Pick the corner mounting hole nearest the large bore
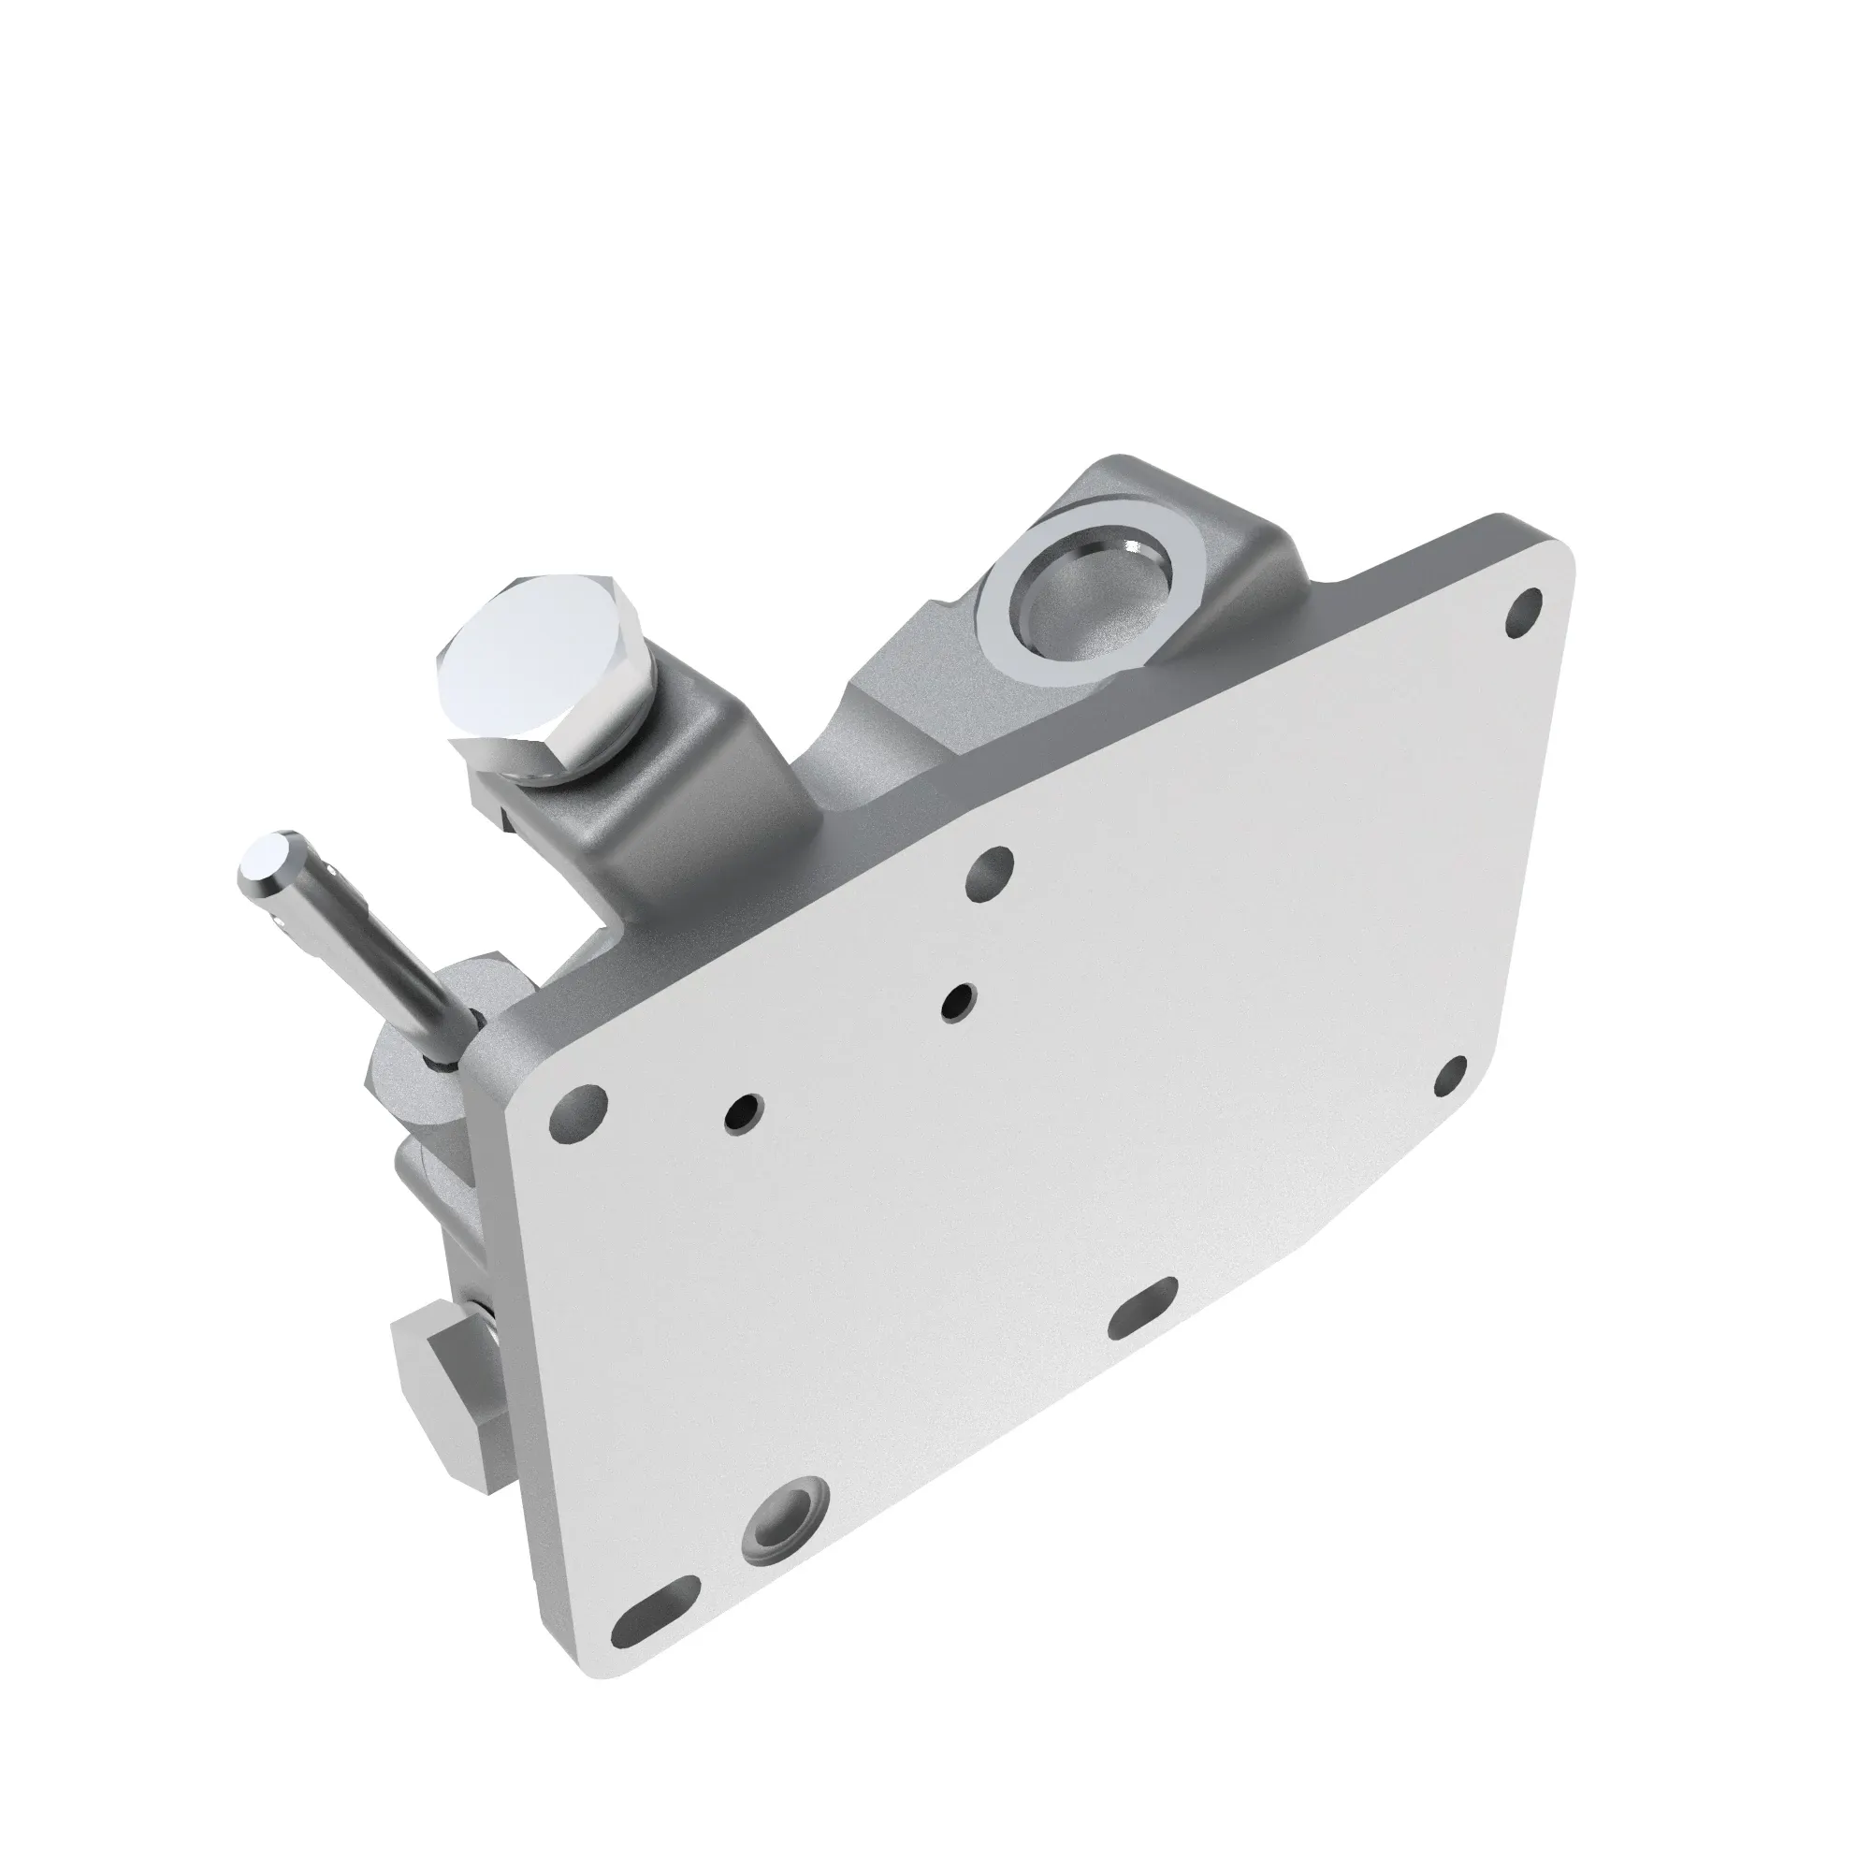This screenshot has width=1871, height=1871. (x=1525, y=613)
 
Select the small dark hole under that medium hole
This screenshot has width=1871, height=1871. (x=958, y=1003)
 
